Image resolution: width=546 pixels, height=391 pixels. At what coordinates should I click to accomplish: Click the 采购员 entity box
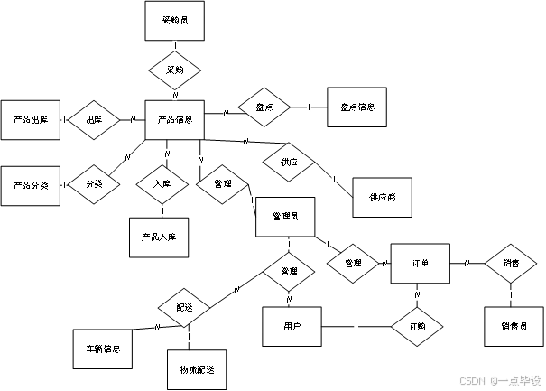point(175,21)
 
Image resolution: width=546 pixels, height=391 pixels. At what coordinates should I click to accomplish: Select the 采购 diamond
point(174,69)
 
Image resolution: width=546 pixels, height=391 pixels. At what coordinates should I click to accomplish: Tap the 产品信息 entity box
point(174,119)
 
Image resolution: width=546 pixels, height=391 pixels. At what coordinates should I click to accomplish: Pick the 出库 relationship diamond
point(94,119)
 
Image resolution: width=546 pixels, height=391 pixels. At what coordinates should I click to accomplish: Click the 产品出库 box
point(31,119)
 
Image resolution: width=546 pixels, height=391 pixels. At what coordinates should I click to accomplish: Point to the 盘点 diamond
point(264,107)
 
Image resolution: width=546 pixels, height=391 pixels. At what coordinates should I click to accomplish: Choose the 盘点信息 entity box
point(357,107)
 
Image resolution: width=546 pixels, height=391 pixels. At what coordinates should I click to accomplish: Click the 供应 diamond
point(289,163)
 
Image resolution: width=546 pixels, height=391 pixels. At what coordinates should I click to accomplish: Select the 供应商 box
point(382,196)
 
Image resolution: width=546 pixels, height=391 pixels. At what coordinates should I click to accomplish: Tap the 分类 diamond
point(94,184)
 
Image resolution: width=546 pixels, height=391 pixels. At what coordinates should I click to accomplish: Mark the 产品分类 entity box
point(31,184)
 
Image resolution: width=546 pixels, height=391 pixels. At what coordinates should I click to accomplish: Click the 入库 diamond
point(162,184)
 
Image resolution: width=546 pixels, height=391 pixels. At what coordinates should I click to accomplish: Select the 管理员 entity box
point(285,218)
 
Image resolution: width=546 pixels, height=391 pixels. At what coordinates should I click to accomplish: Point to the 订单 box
point(421,263)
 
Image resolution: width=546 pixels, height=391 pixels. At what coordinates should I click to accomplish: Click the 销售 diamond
point(511,263)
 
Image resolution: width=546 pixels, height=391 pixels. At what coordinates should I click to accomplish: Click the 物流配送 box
point(196,369)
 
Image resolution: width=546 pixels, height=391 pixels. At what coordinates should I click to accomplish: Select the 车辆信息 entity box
point(103,348)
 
